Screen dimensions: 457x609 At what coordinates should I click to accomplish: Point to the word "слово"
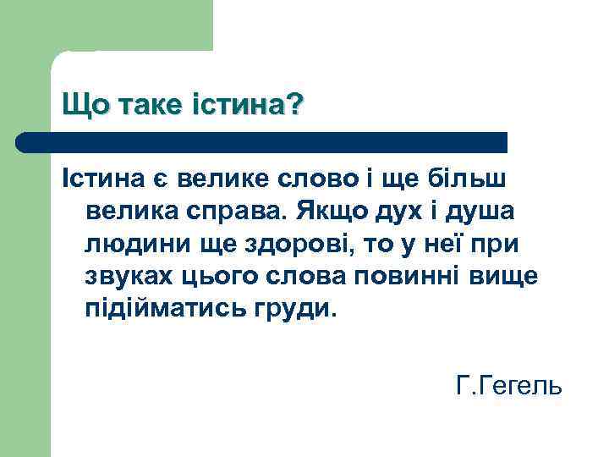[307, 179]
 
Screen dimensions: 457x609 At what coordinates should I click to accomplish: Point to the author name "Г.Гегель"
[507, 387]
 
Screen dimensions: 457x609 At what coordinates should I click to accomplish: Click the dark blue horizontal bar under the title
[262, 142]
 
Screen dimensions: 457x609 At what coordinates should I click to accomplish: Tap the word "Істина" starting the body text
[101, 179]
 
